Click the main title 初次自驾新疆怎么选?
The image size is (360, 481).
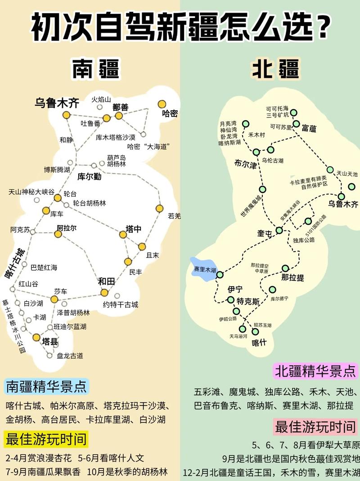(x=180, y=28)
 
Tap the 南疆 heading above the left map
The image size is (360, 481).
(x=95, y=70)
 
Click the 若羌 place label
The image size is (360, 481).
(x=174, y=216)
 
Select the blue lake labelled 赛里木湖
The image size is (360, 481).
(x=203, y=269)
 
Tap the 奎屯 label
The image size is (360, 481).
(x=265, y=234)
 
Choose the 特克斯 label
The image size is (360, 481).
(x=248, y=301)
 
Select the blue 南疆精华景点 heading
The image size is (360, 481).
(x=46, y=386)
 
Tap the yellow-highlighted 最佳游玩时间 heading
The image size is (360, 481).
(x=45, y=439)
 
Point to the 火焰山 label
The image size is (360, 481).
(x=101, y=99)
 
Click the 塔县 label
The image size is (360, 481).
(x=49, y=342)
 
